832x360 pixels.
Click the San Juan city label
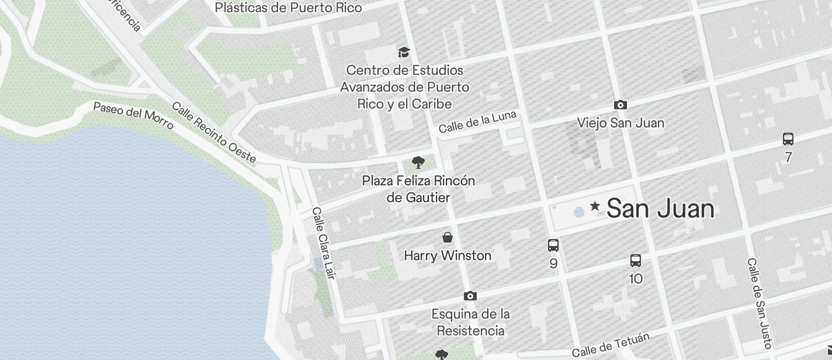pyautogui.click(x=660, y=209)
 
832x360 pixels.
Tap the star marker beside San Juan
pyautogui.click(x=595, y=206)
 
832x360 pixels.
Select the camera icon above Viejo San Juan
pyautogui.click(x=620, y=105)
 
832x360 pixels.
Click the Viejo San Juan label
pyautogui.click(x=620, y=123)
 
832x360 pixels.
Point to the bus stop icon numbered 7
pyautogui.click(x=788, y=139)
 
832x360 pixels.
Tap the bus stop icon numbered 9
pyautogui.click(x=553, y=245)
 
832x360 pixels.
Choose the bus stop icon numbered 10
pyautogui.click(x=636, y=261)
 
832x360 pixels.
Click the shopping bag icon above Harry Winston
pyautogui.click(x=448, y=237)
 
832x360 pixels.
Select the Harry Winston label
pyautogui.click(x=448, y=255)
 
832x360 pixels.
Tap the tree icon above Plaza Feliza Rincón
pyautogui.click(x=418, y=162)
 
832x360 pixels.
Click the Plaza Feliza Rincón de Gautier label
pyautogui.click(x=418, y=189)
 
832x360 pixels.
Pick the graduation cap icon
pyautogui.click(x=404, y=53)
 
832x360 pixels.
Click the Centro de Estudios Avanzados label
pyautogui.click(x=405, y=87)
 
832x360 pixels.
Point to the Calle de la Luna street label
pyautogui.click(x=477, y=122)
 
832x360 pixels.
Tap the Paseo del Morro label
pyautogui.click(x=133, y=115)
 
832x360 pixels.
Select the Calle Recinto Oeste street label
pyautogui.click(x=214, y=133)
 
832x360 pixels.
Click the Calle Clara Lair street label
pyautogui.click(x=323, y=243)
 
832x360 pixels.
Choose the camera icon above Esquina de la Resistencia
pyautogui.click(x=470, y=296)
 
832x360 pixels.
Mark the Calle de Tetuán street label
pyautogui.click(x=611, y=345)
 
